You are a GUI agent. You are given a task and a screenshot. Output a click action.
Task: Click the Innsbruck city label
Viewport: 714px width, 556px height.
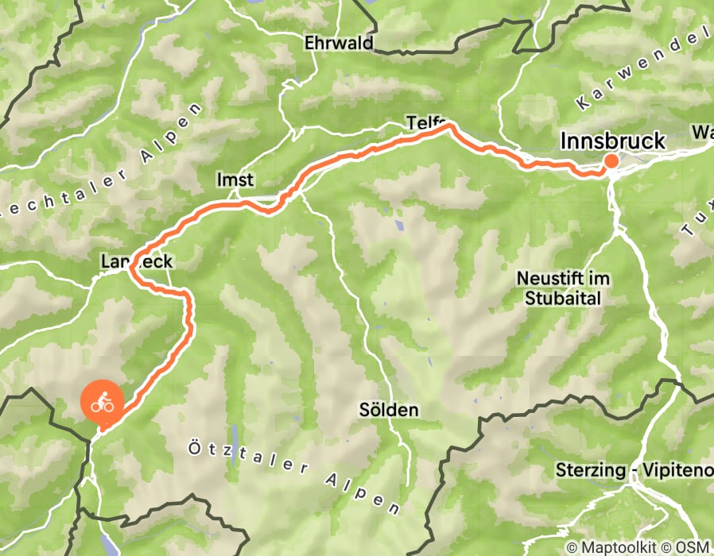point(612,141)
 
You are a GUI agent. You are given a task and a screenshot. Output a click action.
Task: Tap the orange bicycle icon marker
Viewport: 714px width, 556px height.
point(102,403)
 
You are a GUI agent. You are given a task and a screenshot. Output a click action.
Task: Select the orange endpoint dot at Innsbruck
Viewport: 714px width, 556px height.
point(611,161)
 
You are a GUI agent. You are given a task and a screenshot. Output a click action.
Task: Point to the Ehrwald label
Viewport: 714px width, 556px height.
point(339,44)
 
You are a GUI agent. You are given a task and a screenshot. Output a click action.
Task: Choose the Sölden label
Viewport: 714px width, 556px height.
point(389,411)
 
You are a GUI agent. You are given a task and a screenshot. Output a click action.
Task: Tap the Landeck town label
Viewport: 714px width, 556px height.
point(137,261)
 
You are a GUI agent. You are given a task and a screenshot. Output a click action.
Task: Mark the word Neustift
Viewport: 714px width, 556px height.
point(545,279)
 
